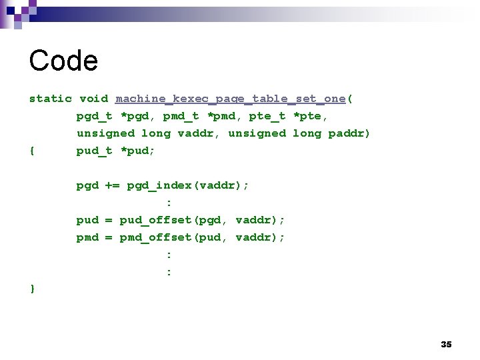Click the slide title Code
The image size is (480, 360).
tap(63, 61)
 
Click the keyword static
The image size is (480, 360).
tap(51, 99)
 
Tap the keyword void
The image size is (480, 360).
tap(94, 99)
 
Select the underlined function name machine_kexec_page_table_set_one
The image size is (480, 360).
tap(231, 99)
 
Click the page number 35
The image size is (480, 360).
tap(446, 344)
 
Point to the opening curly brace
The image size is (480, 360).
tap(33, 151)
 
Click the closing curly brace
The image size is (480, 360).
tap(33, 289)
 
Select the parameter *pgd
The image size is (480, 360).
tap(134, 116)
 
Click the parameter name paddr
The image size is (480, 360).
tap(349, 133)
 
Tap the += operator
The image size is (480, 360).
tap(112, 185)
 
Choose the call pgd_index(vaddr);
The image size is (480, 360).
tap(188, 185)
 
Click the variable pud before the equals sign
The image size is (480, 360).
tap(87, 220)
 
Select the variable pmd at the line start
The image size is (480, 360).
tap(87, 237)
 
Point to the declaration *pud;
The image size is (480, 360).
tap(137, 151)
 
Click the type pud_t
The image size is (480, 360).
tap(94, 151)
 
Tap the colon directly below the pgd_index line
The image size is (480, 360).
tap(169, 203)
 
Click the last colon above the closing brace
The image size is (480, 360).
tap(169, 271)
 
